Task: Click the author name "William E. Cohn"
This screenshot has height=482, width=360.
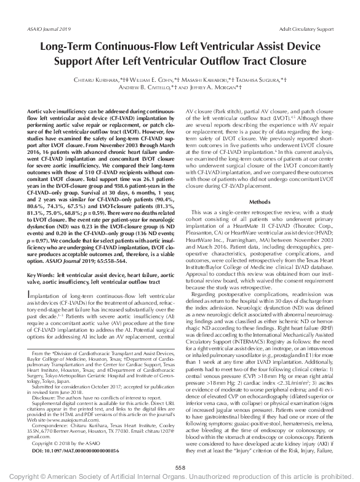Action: (x=153, y=80)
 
